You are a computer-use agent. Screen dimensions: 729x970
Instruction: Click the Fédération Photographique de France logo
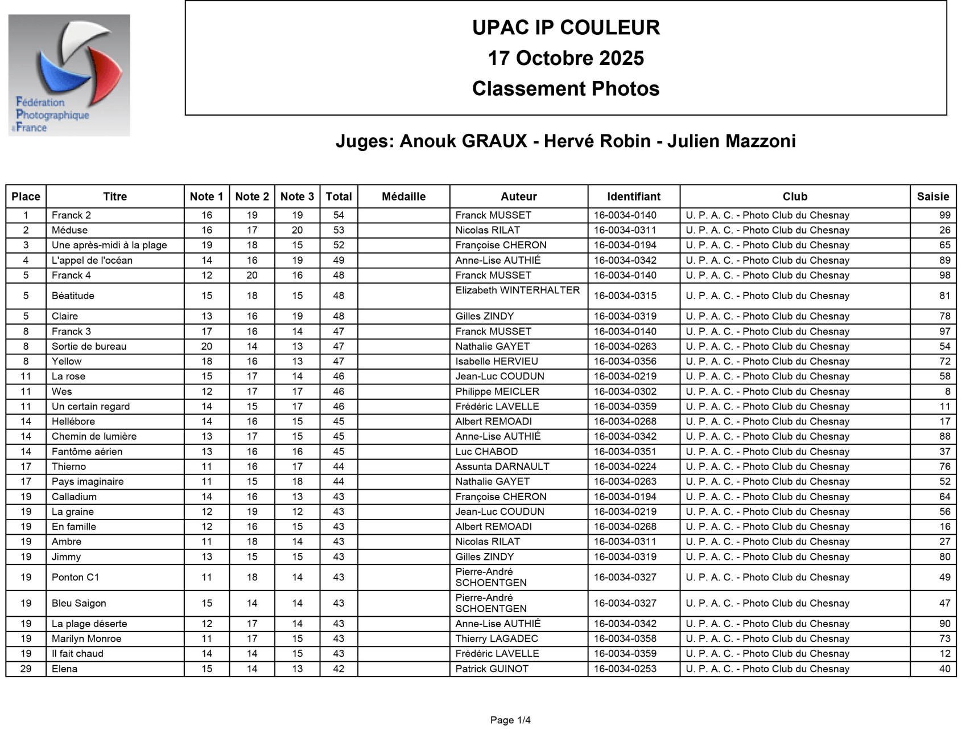click(x=69, y=75)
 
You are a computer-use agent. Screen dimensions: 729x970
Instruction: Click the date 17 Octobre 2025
click(x=566, y=58)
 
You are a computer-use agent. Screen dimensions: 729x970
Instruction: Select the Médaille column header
click(x=403, y=196)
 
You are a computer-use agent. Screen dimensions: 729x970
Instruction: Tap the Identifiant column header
click(x=633, y=196)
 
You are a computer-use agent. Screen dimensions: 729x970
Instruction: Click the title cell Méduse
click(x=69, y=230)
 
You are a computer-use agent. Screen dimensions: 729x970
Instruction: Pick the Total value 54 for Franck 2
click(x=339, y=215)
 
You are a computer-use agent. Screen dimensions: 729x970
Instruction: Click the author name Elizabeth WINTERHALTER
click(x=517, y=290)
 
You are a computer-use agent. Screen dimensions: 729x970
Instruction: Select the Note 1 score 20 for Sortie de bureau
click(x=207, y=346)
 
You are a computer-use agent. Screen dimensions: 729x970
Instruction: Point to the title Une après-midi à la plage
click(x=109, y=245)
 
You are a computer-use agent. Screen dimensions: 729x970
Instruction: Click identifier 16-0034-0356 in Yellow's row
click(x=625, y=361)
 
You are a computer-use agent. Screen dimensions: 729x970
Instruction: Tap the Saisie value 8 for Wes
click(x=947, y=391)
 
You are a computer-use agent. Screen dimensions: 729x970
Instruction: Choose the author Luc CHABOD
click(x=486, y=452)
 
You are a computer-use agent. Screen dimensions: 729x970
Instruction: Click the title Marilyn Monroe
click(x=86, y=638)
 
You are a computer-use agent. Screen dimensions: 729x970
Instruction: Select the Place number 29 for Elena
click(x=26, y=669)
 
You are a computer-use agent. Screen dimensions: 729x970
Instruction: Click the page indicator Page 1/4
click(x=510, y=720)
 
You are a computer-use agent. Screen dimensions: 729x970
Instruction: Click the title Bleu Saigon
click(x=79, y=603)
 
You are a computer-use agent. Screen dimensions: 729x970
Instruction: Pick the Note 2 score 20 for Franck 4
click(x=252, y=275)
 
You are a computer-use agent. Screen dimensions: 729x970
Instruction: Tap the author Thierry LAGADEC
click(x=497, y=638)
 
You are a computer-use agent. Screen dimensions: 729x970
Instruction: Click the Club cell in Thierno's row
click(x=767, y=466)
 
